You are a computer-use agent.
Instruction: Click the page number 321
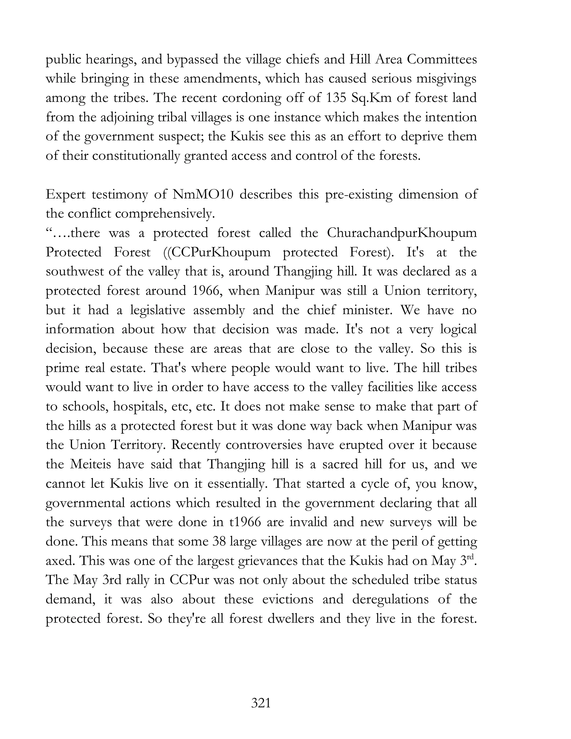(261, 703)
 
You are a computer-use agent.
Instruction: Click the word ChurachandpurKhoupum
(402, 233)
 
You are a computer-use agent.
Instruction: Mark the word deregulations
(391, 599)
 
